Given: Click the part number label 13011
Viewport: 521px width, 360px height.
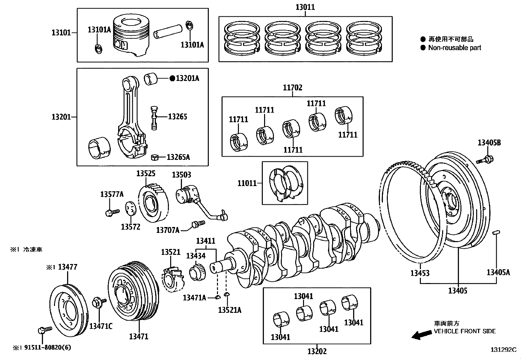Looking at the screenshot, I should pos(305,7).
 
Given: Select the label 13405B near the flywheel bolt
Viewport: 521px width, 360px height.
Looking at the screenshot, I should pos(489,142).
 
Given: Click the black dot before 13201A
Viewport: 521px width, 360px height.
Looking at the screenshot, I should pos(172,78).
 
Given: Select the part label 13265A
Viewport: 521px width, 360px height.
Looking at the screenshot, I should pos(178,157).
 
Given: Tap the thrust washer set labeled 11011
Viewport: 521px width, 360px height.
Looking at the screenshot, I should pos(285,183).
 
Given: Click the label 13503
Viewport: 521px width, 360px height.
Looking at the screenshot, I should pos(181,175).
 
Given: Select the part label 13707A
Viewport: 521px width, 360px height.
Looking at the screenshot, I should pos(168,230).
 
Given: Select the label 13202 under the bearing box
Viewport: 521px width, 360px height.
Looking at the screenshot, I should pos(316,351).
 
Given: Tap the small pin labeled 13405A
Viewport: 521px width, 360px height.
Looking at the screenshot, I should pos(496,233).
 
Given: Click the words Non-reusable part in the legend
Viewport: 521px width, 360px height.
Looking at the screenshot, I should pos(455,48).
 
